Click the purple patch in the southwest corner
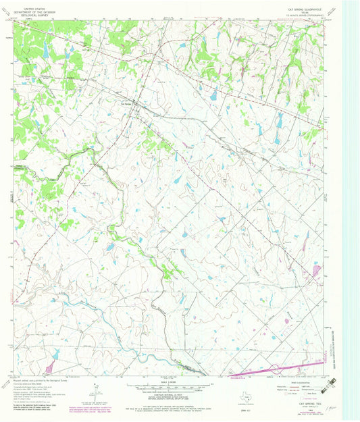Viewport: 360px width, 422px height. click(x=49, y=366)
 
